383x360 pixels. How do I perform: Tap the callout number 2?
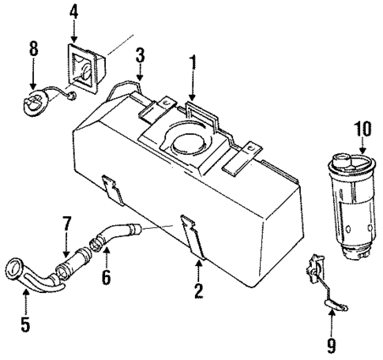click(199, 291)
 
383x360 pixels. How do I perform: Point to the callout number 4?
click(73, 12)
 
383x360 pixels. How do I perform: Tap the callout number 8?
click(33, 47)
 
